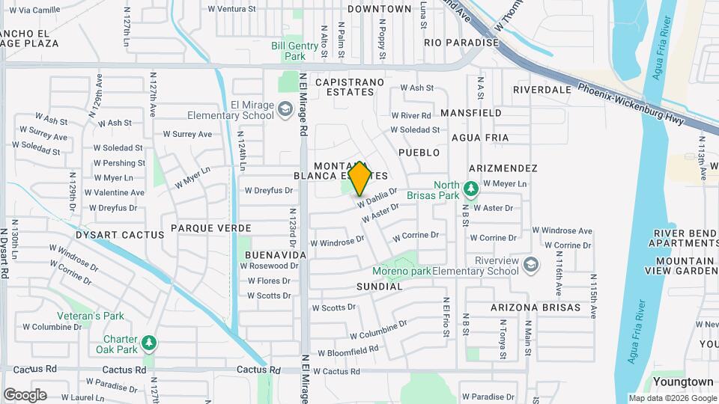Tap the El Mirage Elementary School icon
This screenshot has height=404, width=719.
pyautogui.click(x=285, y=110)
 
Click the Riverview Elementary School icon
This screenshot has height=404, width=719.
pyautogui.click(x=531, y=265)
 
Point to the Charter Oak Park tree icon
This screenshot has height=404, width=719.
pyautogui.click(x=150, y=343)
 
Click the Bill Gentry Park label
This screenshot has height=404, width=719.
pyautogui.click(x=288, y=50)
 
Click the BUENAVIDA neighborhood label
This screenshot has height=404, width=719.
pyautogui.click(x=274, y=255)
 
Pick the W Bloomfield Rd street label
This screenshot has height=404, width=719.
pyautogui.click(x=348, y=351)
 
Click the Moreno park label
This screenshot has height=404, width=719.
pyautogui.click(x=402, y=271)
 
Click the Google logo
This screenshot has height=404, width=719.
pyautogui.click(x=24, y=394)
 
